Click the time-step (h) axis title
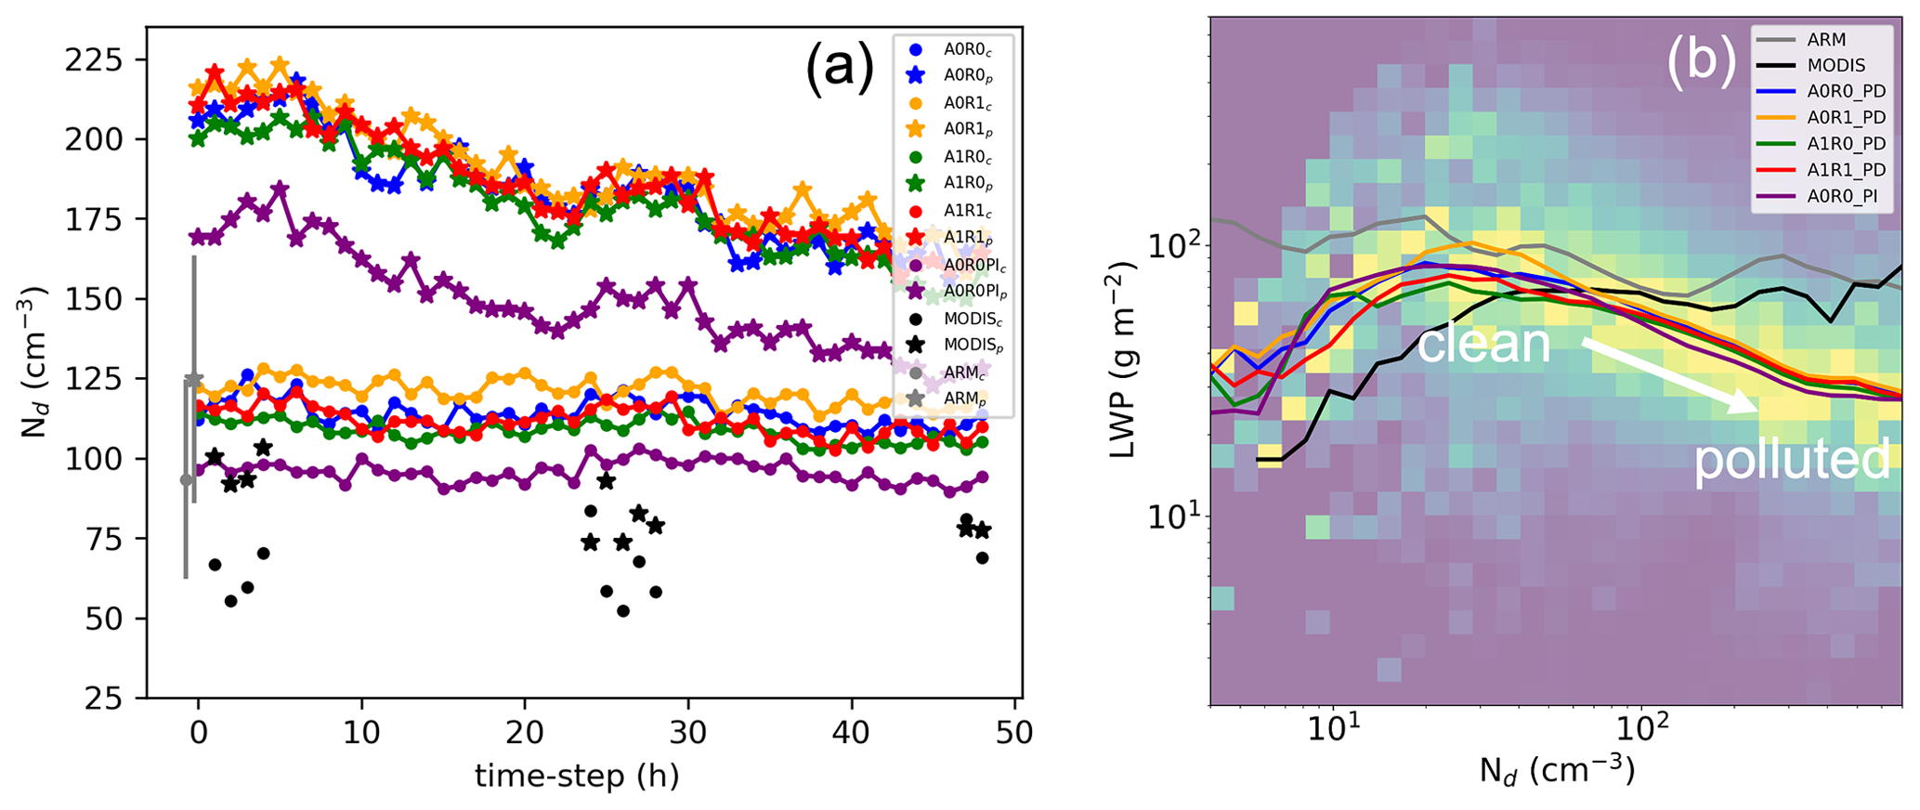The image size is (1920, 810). [576, 776]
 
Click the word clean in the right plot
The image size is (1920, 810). [1483, 344]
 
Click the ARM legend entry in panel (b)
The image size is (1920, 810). [1819, 40]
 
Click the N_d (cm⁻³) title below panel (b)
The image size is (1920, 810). [1556, 771]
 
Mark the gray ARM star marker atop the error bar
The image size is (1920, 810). [193, 380]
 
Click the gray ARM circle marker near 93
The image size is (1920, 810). [186, 479]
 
